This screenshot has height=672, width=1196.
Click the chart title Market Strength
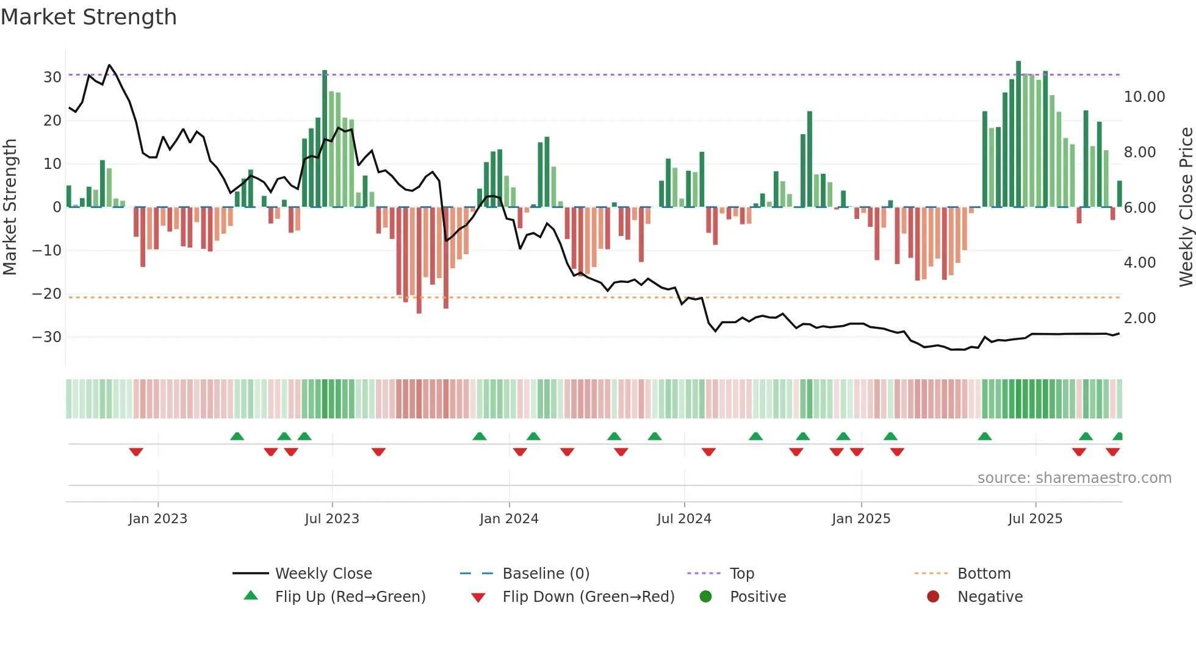tap(88, 17)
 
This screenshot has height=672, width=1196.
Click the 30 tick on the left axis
tap(52, 77)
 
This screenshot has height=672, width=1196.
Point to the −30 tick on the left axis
tap(47, 337)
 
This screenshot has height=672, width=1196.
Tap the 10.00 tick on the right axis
tap(1144, 97)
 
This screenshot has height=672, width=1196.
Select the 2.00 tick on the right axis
tap(1139, 318)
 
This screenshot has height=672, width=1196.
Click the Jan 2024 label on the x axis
tap(509, 519)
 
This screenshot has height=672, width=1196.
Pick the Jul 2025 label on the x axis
tap(1035, 519)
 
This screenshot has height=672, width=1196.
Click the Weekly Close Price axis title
tap(1186, 207)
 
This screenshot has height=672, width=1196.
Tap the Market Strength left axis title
tap(10, 207)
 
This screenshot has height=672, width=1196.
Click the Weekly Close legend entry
tap(323, 574)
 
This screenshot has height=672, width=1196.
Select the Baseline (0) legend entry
tap(546, 574)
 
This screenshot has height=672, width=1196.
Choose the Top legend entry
tap(741, 574)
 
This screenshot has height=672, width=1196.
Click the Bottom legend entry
tap(984, 574)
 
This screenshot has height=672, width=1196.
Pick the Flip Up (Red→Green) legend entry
tap(350, 597)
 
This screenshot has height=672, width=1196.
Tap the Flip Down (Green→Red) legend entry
tap(588, 597)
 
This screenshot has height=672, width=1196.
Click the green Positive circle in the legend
tap(705, 597)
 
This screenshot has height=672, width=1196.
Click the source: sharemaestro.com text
tap(1074, 478)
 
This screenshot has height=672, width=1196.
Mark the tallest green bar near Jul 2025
tap(1018, 134)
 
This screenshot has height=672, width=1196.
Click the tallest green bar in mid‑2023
tap(325, 139)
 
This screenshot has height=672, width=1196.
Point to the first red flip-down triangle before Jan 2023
tap(136, 452)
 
